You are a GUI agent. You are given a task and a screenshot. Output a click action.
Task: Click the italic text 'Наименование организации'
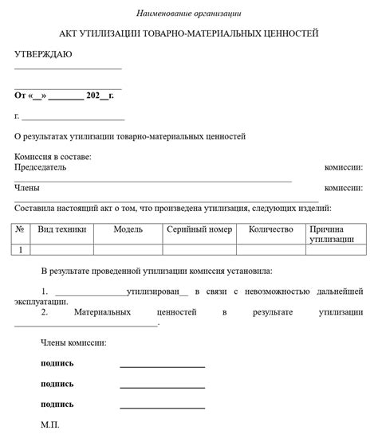coord(188,14)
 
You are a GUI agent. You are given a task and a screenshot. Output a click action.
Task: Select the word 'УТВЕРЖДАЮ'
coord(43,53)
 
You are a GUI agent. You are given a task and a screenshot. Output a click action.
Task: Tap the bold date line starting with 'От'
coord(64,95)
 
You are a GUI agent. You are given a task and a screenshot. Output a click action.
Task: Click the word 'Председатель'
coord(40,167)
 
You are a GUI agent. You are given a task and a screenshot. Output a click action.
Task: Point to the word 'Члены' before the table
coord(27,188)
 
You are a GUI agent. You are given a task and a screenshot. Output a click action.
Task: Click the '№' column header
coord(20,229)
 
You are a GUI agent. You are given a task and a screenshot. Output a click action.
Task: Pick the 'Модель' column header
coord(128,229)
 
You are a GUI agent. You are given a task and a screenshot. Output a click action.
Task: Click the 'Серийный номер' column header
coord(199,229)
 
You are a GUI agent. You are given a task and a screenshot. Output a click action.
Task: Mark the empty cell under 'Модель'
coord(128,249)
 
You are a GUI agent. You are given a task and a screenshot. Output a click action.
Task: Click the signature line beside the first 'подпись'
coord(162,366)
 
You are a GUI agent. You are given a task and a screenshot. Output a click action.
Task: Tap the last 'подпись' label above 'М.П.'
coord(57,404)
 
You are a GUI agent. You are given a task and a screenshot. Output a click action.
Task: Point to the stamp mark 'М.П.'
coord(49,424)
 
